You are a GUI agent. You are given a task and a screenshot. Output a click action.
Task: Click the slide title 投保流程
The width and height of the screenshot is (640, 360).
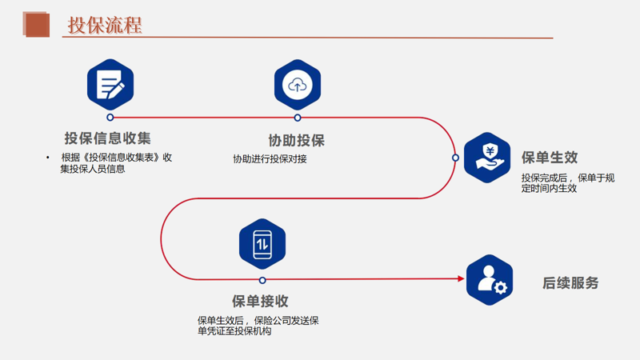[104, 25]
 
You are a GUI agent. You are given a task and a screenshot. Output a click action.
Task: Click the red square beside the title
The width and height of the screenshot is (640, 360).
[37, 24]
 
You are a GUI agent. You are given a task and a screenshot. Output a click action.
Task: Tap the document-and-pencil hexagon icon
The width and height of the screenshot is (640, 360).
[110, 85]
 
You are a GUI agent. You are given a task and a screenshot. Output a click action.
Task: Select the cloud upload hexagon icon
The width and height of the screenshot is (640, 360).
[298, 85]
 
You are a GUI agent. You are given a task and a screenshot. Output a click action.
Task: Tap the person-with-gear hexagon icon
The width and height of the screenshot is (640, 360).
[490, 280]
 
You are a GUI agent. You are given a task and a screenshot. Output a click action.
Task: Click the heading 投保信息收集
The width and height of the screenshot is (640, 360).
[108, 138]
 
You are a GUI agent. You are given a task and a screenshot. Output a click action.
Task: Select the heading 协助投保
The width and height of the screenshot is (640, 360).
[297, 141]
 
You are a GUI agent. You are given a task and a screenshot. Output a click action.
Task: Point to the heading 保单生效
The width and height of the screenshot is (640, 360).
[550, 158]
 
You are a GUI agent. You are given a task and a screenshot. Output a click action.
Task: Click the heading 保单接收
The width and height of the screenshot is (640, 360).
[260, 302]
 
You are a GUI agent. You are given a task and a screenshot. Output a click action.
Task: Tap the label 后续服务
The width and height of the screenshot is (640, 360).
[570, 283]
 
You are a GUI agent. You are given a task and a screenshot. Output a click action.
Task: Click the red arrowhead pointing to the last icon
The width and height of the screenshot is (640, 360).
[461, 279]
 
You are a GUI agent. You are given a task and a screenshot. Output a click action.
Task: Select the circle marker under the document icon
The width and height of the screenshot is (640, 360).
[110, 118]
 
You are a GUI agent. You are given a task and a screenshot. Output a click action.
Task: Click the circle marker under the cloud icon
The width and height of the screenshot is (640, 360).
[298, 118]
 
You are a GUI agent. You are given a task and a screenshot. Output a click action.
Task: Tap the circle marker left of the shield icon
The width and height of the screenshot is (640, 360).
[455, 158]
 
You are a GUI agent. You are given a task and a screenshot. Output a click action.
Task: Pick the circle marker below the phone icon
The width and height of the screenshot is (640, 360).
[262, 280]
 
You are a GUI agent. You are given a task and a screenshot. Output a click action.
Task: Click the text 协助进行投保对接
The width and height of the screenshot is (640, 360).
[270, 159]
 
